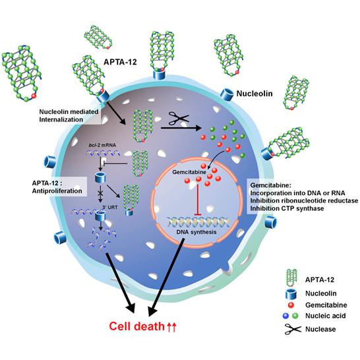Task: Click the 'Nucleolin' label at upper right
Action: (255, 96)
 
